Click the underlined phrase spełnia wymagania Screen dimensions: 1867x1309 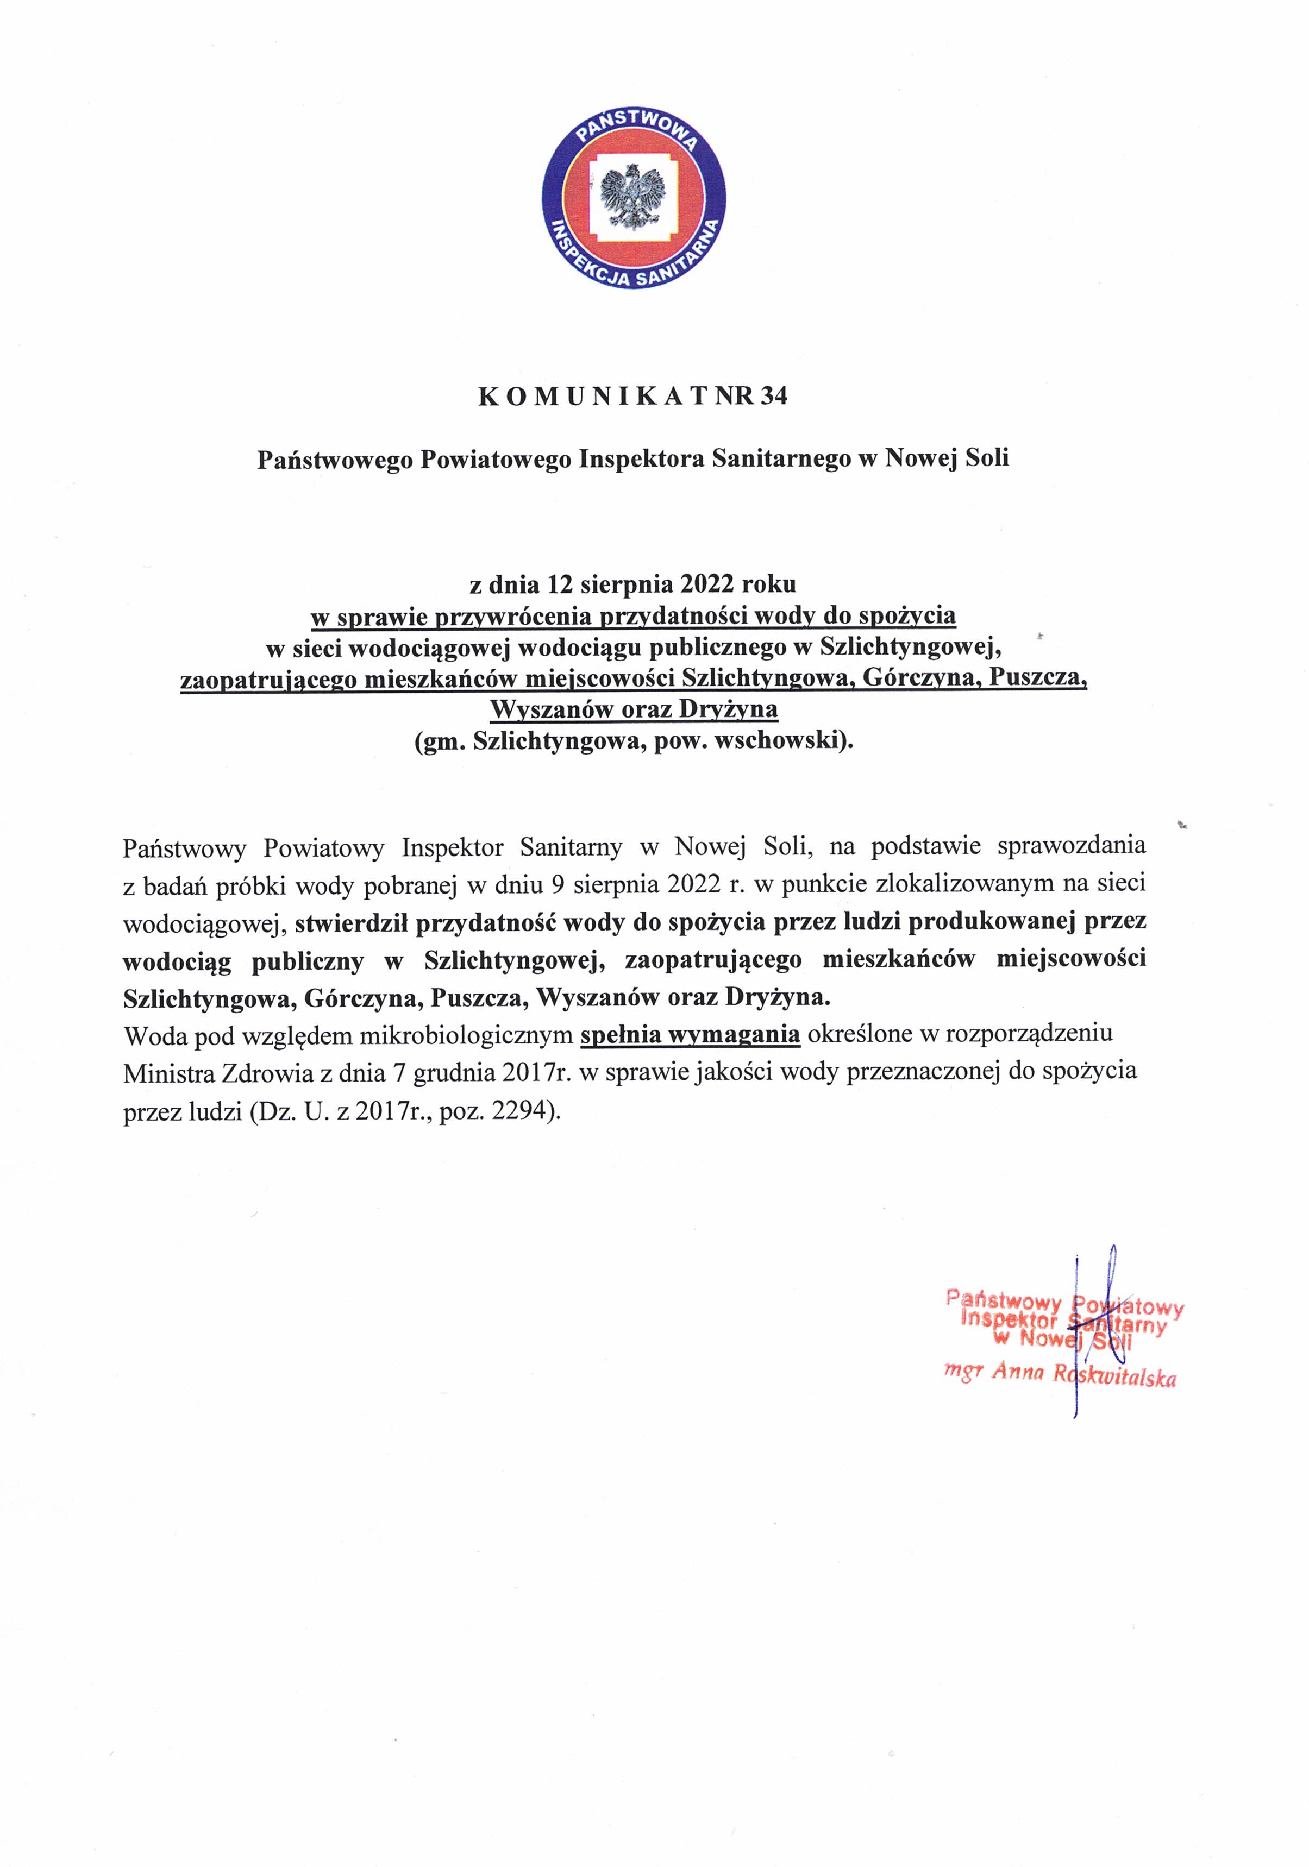(x=691, y=1035)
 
